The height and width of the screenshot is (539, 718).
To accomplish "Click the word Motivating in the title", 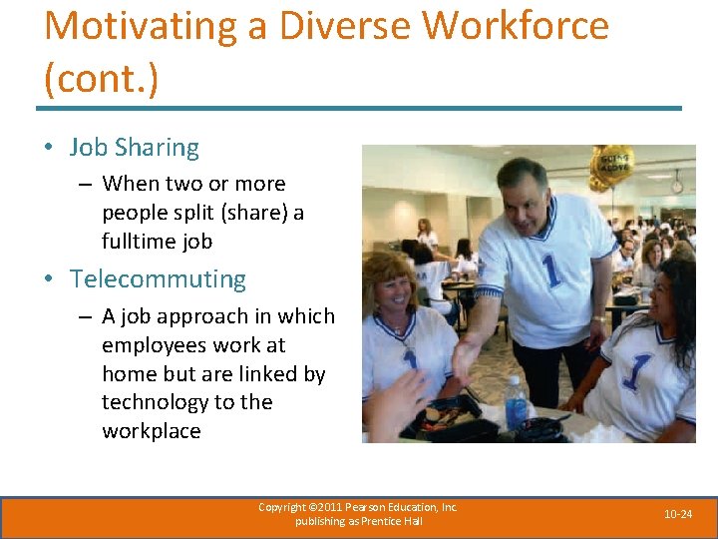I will click(141, 26).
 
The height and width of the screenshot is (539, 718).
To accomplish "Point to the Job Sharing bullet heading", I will click(135, 148).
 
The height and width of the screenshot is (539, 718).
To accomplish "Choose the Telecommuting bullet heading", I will click(158, 279).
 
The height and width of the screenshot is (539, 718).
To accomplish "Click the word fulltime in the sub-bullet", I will click(138, 242).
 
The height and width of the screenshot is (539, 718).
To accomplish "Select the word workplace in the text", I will click(152, 431).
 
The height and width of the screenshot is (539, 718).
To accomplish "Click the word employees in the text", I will click(153, 344).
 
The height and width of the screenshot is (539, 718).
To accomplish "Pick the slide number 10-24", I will click(679, 513).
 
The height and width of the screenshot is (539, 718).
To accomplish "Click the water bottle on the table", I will click(516, 402).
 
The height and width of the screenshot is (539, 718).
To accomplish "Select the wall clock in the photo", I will click(677, 186).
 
